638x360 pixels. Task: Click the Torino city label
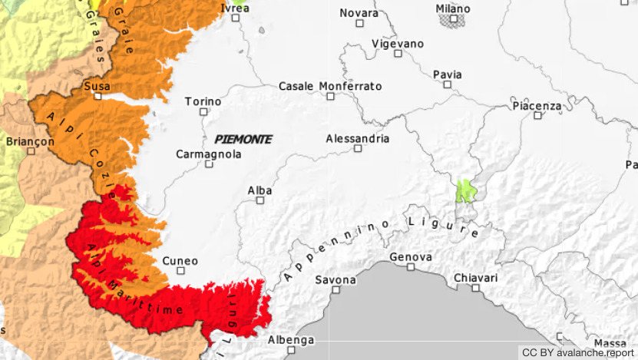(203, 101)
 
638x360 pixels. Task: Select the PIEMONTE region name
(243, 139)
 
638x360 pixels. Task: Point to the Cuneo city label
(180, 261)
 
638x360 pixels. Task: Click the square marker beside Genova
(411, 267)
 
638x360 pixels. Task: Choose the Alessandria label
(357, 139)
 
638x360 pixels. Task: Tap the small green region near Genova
(464, 190)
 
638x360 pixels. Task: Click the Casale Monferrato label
(329, 86)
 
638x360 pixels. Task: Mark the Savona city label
(336, 279)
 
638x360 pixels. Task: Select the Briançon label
(30, 141)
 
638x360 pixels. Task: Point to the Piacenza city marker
(537, 115)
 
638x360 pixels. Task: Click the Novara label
(359, 13)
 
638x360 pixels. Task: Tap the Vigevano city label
(397, 44)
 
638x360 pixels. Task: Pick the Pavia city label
(447, 74)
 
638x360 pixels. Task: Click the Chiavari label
(475, 277)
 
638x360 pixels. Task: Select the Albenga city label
(290, 340)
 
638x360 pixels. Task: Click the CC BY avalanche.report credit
(577, 352)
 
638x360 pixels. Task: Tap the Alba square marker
(259, 200)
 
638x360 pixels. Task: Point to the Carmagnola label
(208, 154)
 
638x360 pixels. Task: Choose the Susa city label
(97, 86)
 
